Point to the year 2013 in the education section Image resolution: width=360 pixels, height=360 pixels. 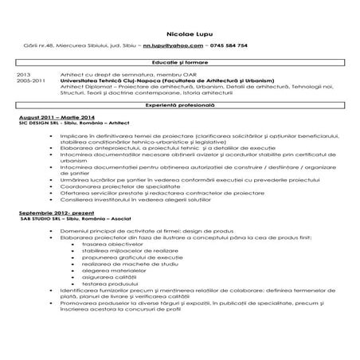point(24,74)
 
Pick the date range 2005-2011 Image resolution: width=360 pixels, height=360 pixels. point(30,80)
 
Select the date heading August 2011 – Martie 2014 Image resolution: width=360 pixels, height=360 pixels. point(49,116)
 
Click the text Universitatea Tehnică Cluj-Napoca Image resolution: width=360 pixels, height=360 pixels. point(115,80)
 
